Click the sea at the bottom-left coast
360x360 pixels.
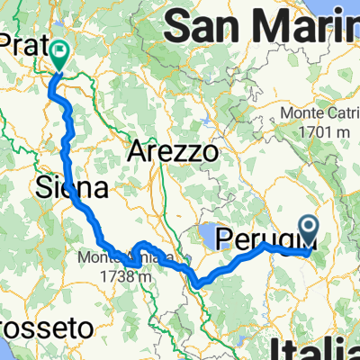click(x=9, y=346)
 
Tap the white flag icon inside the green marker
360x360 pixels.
click(x=61, y=52)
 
